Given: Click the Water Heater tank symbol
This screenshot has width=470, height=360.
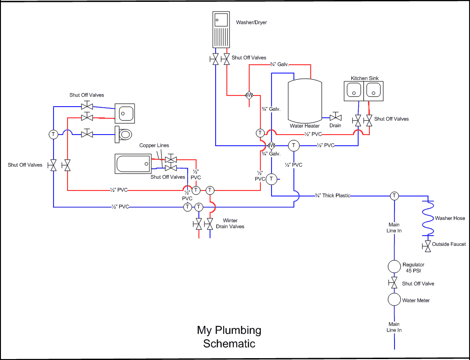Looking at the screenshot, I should pyautogui.click(x=305, y=100).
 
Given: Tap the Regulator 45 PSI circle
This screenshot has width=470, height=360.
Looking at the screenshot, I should pyautogui.click(x=395, y=266).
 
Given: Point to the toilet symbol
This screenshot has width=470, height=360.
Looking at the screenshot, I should pyautogui.click(x=124, y=134).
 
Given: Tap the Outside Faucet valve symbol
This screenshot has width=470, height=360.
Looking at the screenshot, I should pyautogui.click(x=427, y=245).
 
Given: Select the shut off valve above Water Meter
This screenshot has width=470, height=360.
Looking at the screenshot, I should pyautogui.click(x=394, y=283).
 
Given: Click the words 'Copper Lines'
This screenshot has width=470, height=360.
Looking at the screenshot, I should pyautogui.click(x=154, y=146).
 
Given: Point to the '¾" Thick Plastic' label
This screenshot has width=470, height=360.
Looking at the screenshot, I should pyautogui.click(x=333, y=196).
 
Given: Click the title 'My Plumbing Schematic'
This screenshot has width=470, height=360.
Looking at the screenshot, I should pyautogui.click(x=229, y=337).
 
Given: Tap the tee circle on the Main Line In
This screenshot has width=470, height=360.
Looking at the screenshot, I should pyautogui.click(x=395, y=196).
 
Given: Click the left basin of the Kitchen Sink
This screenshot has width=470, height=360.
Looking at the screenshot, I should pyautogui.click(x=354, y=91).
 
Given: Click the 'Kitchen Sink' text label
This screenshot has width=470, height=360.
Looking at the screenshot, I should pyautogui.click(x=365, y=78).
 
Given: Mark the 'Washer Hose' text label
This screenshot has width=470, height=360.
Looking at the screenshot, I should pyautogui.click(x=450, y=218).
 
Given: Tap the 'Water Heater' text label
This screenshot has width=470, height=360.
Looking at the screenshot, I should pyautogui.click(x=305, y=126).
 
